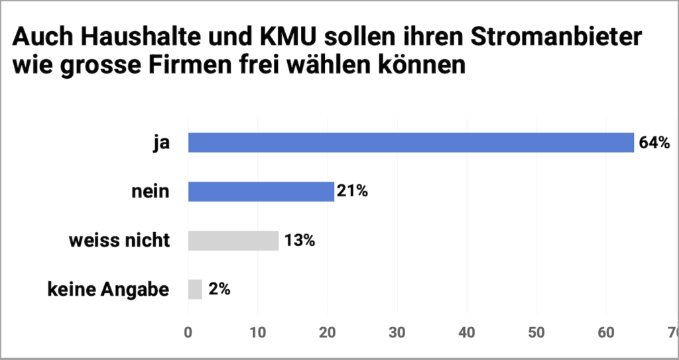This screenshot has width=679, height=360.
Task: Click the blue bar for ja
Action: pos(411,143)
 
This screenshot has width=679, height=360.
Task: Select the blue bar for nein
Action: pos(261,192)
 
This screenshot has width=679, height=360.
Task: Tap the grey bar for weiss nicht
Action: pos(233,240)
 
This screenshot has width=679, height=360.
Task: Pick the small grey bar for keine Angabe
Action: pos(195,289)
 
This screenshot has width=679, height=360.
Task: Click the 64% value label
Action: pos(655,143)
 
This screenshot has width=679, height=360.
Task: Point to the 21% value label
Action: pos(351,192)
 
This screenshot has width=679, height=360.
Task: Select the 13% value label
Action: pos(298,240)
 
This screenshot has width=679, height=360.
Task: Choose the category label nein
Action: pos(151,192)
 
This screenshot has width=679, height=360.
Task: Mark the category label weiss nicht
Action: pos(119,240)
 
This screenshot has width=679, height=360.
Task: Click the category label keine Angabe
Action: pos(108,289)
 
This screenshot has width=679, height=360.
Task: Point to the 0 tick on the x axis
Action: pos(188,331)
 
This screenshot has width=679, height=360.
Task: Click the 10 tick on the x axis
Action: pos(258,331)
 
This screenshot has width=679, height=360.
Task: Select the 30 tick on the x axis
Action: pos(397,331)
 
